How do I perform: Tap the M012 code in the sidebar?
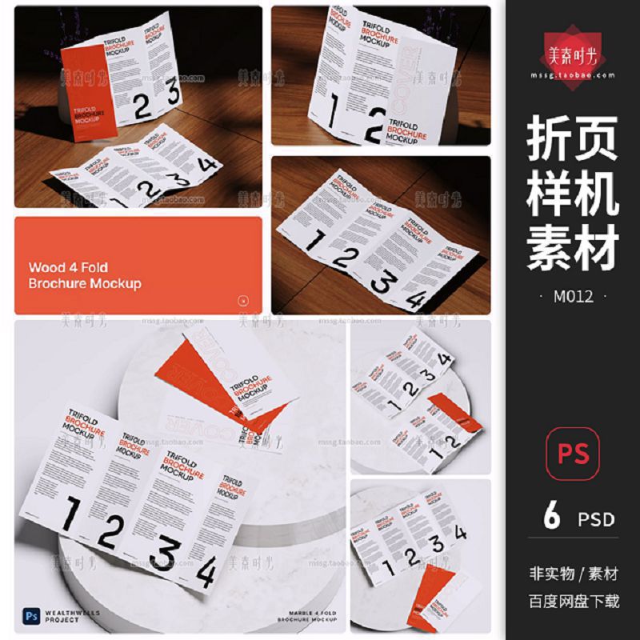point(573,297)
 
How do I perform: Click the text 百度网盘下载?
point(574,601)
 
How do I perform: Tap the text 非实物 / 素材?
point(574,574)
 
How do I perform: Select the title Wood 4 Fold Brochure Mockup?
point(85,275)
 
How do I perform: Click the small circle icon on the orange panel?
point(243,302)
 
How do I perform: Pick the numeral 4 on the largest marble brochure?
point(206,576)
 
